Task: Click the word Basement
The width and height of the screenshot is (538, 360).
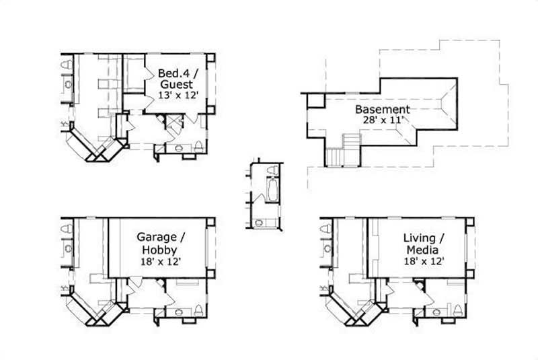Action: pyautogui.click(x=382, y=109)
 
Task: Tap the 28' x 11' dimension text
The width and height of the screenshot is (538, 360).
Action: pyautogui.click(x=381, y=120)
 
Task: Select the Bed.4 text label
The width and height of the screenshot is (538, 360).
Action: pyautogui.click(x=173, y=73)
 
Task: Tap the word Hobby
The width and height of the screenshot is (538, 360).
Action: pyautogui.click(x=159, y=249)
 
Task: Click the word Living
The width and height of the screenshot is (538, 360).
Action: pyautogui.click(x=418, y=238)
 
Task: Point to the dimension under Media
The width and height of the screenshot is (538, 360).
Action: pyautogui.click(x=425, y=260)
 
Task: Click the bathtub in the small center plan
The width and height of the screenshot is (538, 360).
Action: pyautogui.click(x=274, y=189)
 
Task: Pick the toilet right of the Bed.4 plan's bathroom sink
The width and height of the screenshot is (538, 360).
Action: pyautogui.click(x=200, y=147)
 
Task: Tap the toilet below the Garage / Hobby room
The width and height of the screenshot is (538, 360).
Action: pyautogui.click(x=199, y=311)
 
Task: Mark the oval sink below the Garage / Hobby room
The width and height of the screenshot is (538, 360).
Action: pyautogui.click(x=179, y=312)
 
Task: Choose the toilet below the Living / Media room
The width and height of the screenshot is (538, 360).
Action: pyautogui.click(x=458, y=310)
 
